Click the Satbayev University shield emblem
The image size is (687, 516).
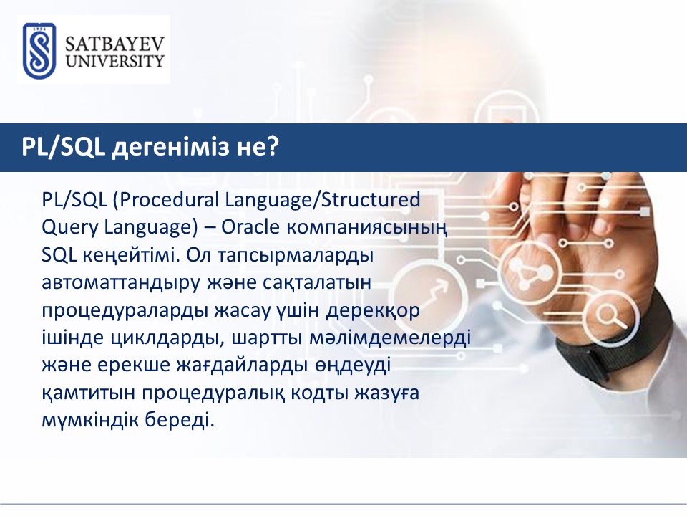[x=39, y=51]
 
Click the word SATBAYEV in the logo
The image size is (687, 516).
[x=114, y=44]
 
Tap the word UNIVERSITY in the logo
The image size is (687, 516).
[x=114, y=60]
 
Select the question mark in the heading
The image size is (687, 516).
[x=272, y=146]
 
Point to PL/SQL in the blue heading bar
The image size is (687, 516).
[x=64, y=147]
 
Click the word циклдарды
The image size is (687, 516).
[x=167, y=339]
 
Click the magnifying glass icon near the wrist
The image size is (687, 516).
[x=612, y=316]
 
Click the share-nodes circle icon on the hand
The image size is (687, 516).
[x=530, y=269]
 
